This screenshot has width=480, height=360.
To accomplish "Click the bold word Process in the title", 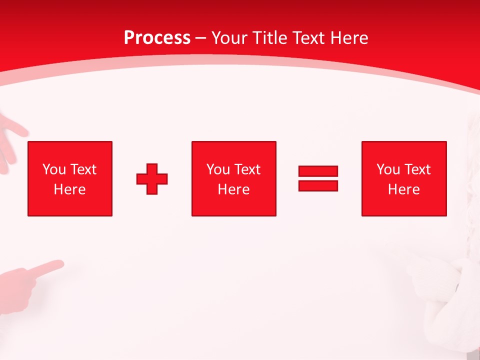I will tap(157, 38).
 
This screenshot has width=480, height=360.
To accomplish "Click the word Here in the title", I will tap(350, 38).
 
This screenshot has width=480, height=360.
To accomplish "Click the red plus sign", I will tap(152, 179).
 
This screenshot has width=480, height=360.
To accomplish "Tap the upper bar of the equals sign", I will tap(318, 171).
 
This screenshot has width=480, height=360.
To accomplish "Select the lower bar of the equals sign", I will tap(318, 185).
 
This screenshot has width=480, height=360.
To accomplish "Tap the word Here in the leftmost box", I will tap(70, 189).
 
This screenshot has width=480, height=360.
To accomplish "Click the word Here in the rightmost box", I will tap(404, 189).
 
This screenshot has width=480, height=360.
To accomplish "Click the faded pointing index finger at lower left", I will tap(50, 267).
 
